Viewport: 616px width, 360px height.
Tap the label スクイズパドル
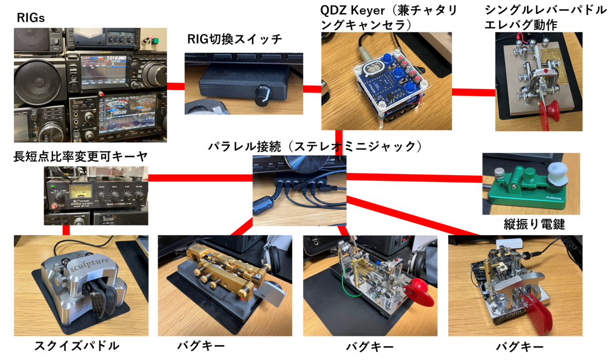pos(77,346)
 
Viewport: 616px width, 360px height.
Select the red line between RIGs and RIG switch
pos(176,86)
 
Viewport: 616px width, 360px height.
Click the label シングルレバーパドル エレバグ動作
pos(544,18)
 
